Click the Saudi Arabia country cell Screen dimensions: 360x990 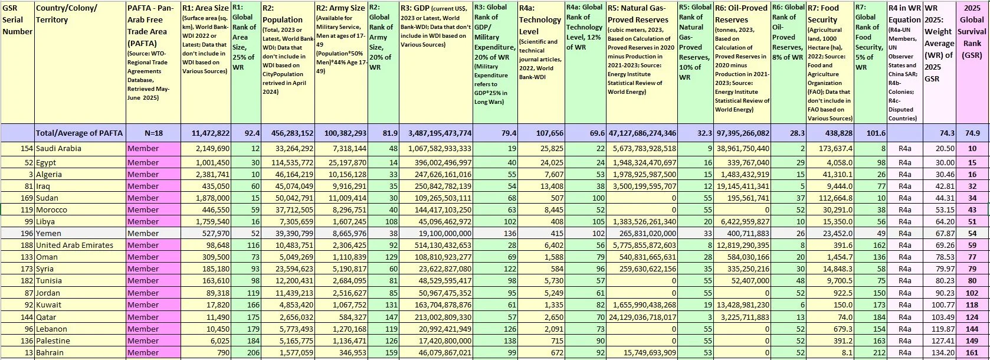click(x=58, y=149)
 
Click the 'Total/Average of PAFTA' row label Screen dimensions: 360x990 click(x=79, y=133)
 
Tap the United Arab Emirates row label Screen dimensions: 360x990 click(x=74, y=246)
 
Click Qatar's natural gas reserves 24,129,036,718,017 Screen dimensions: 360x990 click(x=642, y=317)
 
